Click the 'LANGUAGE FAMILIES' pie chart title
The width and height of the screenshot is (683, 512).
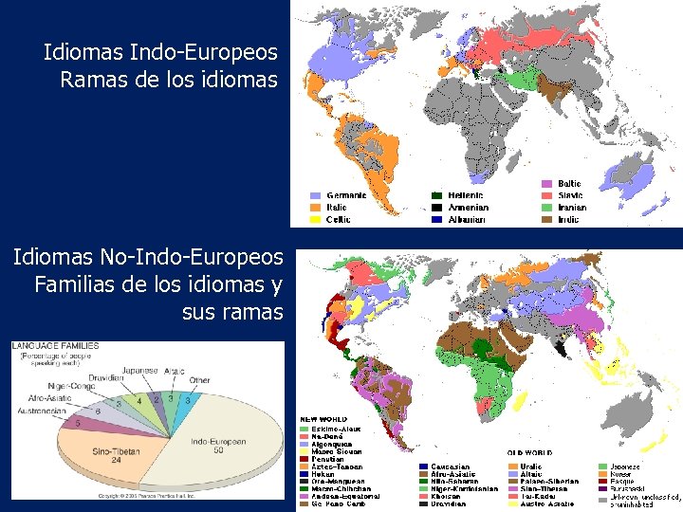point(56,345)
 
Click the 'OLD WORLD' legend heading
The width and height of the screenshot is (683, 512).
point(529,453)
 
